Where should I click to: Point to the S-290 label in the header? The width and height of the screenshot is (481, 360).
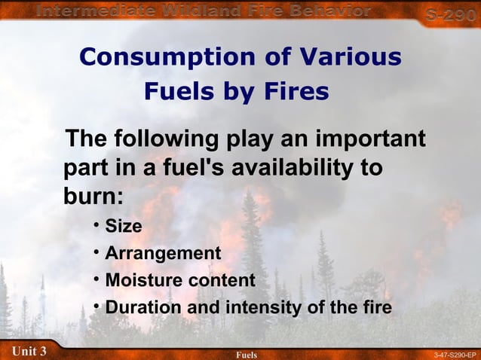point(450,14)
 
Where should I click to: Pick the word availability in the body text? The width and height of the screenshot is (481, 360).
point(302,167)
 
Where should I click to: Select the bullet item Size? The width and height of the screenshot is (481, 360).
point(124,226)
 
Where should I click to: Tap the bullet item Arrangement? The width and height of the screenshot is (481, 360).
point(163,254)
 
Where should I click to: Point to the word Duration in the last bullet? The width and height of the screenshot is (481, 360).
point(142,308)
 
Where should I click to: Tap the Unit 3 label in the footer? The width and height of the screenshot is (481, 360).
point(29,351)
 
